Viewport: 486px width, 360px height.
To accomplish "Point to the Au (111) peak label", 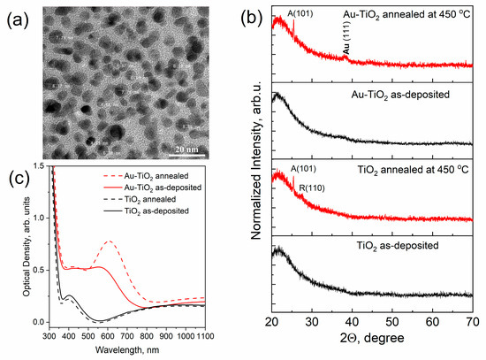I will click(x=346, y=41).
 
